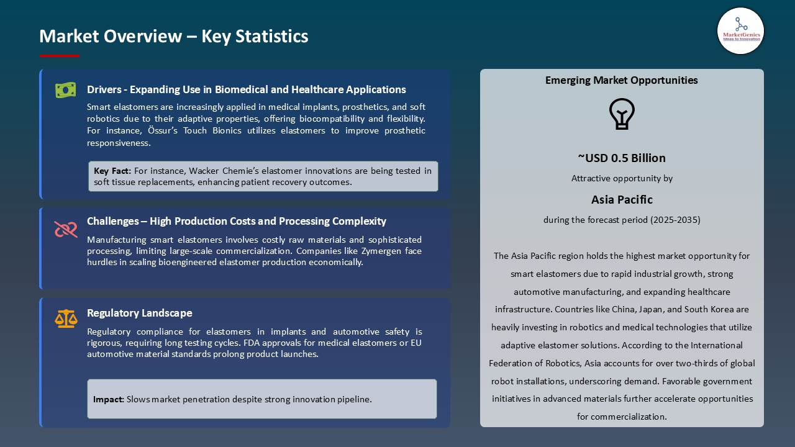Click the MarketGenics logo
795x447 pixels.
[x=740, y=30]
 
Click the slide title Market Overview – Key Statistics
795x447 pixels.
[x=174, y=36]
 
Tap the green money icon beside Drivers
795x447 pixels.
[x=65, y=90]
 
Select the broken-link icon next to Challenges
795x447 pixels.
[x=65, y=229]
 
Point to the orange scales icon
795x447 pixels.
[x=66, y=318]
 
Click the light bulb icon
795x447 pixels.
[x=622, y=114]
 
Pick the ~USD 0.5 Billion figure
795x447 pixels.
[x=622, y=158]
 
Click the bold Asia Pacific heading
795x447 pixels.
[x=622, y=199]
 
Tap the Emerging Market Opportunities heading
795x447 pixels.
[x=622, y=80]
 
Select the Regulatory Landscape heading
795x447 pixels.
[x=140, y=313]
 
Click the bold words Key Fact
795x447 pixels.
[x=112, y=171]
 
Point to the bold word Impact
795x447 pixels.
[x=109, y=399]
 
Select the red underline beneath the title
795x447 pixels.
[x=60, y=56]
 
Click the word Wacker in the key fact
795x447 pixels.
[x=204, y=171]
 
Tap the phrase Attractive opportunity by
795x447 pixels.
[x=622, y=178]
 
